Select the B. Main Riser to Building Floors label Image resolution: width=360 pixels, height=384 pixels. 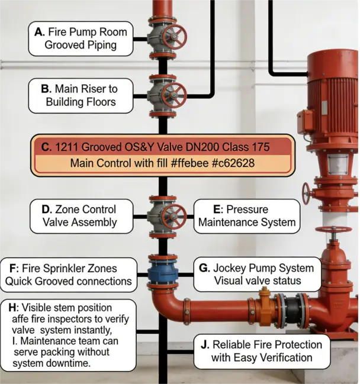pyautogui.click(x=81, y=95)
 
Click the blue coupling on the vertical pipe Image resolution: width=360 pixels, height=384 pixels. pyautogui.click(x=162, y=274)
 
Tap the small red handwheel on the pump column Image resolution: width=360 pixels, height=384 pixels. pyautogui.click(x=306, y=193)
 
